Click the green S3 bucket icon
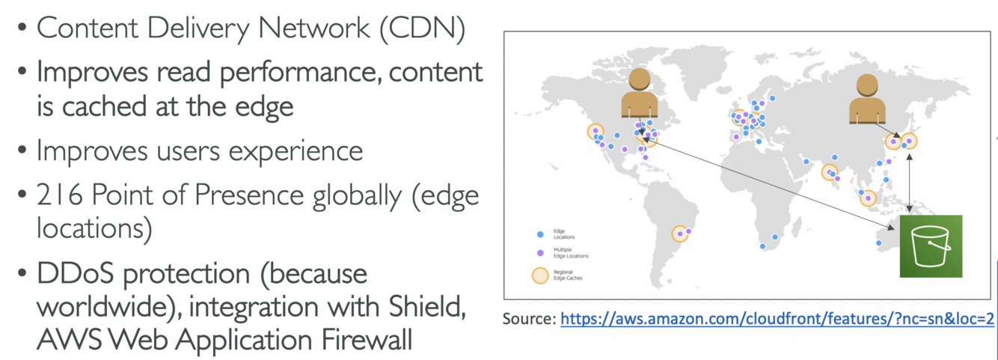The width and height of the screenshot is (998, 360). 931,246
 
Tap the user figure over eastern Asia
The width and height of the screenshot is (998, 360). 867,100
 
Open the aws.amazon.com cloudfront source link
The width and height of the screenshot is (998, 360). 777,319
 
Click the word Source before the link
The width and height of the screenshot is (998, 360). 529,319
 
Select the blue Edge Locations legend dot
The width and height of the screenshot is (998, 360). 539,234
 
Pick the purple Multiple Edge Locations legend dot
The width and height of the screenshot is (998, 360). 539,253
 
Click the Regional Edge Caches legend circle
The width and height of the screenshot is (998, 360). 540,275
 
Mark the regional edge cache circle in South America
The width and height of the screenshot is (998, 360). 680,234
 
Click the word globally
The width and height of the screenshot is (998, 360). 367,195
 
